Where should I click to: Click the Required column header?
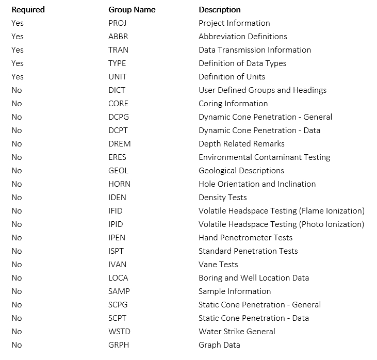tap(28, 10)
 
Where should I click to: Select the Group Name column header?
tap(132, 10)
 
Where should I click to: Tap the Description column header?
tap(219, 10)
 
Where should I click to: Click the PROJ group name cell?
tap(117, 23)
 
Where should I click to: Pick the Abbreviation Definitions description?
tap(242, 37)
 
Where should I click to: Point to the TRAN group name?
tap(118, 50)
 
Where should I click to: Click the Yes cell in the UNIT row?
tap(18, 77)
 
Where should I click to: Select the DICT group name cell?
tap(117, 90)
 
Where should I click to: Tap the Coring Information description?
tap(233, 104)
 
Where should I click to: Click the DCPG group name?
tap(118, 117)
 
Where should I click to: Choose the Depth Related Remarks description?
tap(241, 144)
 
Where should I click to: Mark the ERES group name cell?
tap(117, 157)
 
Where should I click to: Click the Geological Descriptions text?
tap(241, 171)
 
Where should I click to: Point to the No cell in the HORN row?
tap(17, 184)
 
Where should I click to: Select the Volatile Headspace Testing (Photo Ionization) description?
tap(281, 224)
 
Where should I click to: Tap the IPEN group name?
tap(117, 238)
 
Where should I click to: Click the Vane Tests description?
tap(218, 265)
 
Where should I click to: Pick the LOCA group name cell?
tap(118, 278)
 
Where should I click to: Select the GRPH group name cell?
tap(118, 345)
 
